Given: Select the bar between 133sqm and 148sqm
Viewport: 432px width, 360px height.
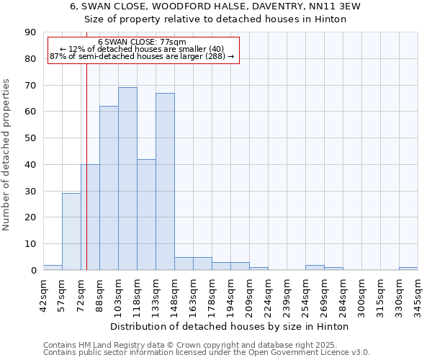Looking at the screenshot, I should [165, 181].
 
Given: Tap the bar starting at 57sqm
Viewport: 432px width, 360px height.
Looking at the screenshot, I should [71, 231].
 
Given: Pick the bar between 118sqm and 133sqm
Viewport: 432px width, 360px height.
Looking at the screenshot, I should [146, 215].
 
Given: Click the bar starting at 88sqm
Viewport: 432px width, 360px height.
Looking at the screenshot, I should [109, 188].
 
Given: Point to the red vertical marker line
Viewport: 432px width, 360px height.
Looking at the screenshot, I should [86, 166].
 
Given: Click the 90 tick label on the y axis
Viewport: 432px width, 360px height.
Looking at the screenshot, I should [30, 32].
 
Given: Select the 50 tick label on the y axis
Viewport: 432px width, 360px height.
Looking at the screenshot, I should [30, 138].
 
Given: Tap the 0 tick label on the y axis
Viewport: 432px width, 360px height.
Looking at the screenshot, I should [33, 271].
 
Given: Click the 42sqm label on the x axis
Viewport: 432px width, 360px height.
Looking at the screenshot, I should [43, 293].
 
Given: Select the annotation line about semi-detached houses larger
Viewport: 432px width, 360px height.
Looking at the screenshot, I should [142, 56].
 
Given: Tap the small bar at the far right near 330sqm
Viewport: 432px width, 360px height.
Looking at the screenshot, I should [408, 269].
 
